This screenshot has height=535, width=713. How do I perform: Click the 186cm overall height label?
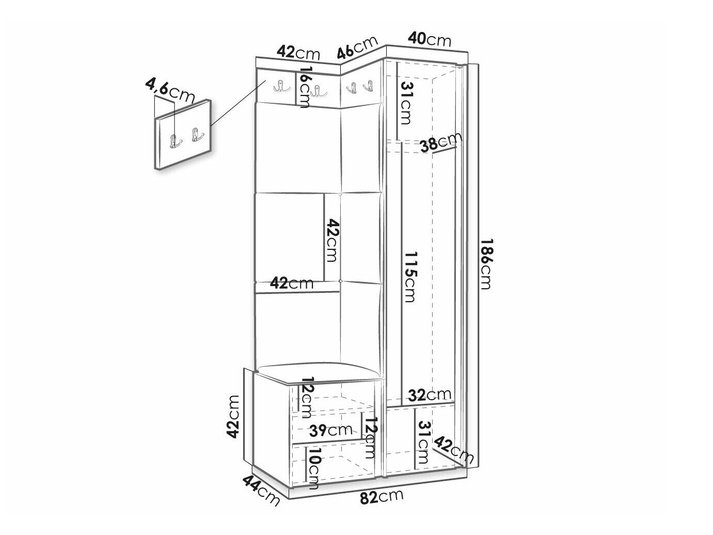click(x=486, y=264)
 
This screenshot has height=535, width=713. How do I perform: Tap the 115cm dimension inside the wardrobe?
click(x=410, y=277)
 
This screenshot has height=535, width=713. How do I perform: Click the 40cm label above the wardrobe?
click(x=430, y=40)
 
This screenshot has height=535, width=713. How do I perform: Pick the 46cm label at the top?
click(x=358, y=48)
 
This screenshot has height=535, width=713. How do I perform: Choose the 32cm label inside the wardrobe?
click(x=430, y=395)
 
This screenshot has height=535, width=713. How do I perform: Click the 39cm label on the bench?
click(x=330, y=430)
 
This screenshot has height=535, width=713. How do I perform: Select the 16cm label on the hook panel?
click(x=305, y=87)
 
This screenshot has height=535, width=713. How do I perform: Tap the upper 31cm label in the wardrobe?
click(x=406, y=103)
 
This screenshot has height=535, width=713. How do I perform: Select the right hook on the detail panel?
click(x=197, y=134)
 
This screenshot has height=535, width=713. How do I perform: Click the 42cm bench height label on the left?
click(x=232, y=417)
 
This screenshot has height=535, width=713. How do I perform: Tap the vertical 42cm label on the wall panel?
click(x=333, y=240)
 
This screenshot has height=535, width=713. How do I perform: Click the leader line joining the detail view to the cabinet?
click(x=239, y=103)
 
